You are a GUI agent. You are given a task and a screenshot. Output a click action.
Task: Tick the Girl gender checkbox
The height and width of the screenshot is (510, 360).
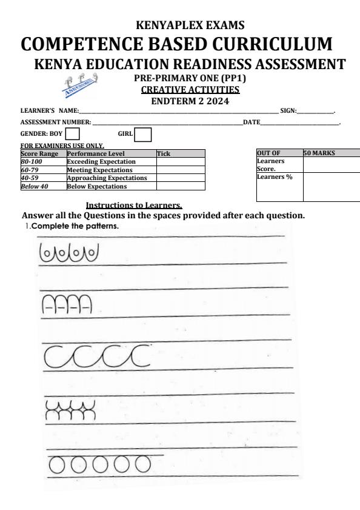click(142, 133)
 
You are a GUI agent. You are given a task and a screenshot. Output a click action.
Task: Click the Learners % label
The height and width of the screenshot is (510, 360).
click(271, 177)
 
